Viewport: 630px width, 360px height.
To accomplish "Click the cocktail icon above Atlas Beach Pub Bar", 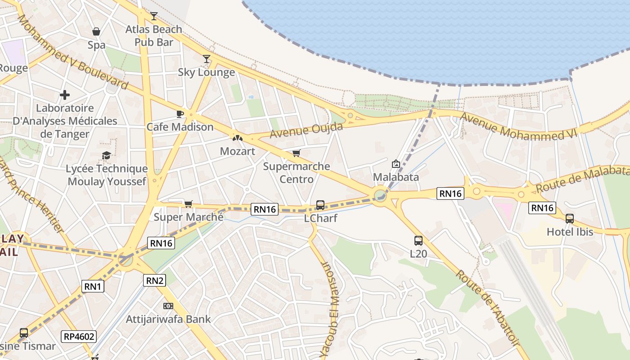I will click(x=154, y=16).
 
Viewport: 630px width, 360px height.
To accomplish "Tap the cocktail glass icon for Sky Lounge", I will click(x=207, y=58).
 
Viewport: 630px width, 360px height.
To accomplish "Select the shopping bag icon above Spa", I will click(x=96, y=31).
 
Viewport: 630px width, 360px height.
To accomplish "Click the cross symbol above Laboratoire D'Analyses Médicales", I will click(x=65, y=95).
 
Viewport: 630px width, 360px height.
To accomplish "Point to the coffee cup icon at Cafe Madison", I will click(x=180, y=114).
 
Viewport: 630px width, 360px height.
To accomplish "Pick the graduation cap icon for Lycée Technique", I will click(x=106, y=156).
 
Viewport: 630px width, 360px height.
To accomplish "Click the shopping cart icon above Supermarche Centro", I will click(x=296, y=153).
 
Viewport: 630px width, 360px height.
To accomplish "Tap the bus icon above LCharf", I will click(x=320, y=205).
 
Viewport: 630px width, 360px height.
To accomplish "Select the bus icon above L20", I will click(x=418, y=241).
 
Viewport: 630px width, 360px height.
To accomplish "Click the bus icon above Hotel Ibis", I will click(x=570, y=219).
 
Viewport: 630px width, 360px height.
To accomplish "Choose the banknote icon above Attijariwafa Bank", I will click(x=168, y=306).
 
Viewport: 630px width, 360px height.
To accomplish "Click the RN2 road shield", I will click(x=155, y=281).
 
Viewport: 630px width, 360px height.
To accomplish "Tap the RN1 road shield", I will click(x=93, y=286).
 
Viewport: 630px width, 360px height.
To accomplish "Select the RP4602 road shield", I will click(x=79, y=336).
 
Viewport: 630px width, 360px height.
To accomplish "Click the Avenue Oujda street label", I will click(x=306, y=130).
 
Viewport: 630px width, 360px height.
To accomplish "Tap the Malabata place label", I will click(x=396, y=177).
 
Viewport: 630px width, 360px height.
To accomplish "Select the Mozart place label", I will click(x=238, y=151).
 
